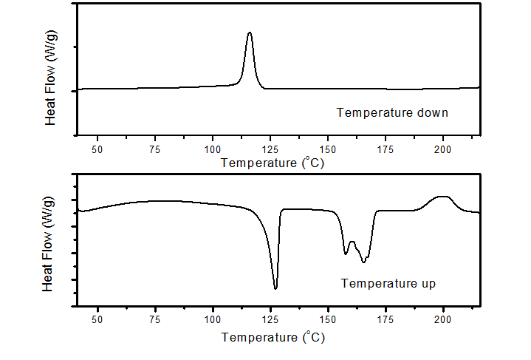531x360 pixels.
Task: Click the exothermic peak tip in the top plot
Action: (x=250, y=33)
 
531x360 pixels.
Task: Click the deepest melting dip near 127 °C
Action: (x=275, y=288)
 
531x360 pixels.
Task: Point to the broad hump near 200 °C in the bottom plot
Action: (x=442, y=197)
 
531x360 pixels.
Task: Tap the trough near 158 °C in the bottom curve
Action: (x=346, y=254)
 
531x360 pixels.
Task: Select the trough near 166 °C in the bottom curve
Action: (x=364, y=262)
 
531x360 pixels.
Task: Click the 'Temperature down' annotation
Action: (x=392, y=113)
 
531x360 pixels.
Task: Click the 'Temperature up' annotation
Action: (x=388, y=283)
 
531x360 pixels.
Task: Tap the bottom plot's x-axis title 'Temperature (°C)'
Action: (x=272, y=338)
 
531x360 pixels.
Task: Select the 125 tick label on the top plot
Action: (x=270, y=149)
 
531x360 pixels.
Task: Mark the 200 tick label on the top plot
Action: (x=443, y=149)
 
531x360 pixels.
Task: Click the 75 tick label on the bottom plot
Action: (x=154, y=319)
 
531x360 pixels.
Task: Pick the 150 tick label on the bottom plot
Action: (x=328, y=319)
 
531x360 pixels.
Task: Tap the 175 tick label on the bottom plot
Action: (x=386, y=319)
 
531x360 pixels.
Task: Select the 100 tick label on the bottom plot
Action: (x=213, y=319)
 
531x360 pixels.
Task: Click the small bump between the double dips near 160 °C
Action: (x=352, y=242)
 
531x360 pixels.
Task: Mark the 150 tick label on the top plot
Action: (x=328, y=149)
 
